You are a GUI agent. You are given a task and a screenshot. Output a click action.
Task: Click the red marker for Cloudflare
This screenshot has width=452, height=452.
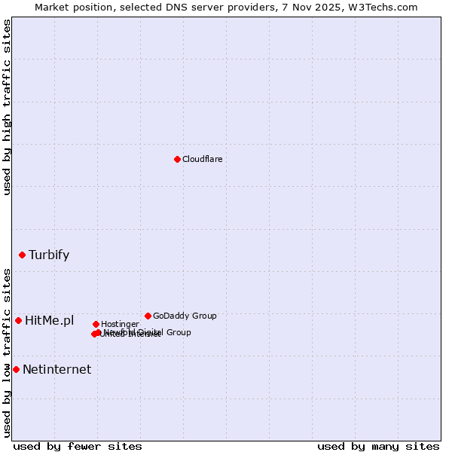coord(177,159)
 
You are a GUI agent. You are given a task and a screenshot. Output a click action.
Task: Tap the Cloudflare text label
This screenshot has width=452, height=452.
coord(203,159)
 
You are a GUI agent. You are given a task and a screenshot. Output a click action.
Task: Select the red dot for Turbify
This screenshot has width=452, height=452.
coord(23,255)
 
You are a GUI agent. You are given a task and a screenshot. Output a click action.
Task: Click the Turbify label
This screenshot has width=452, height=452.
coord(49,255)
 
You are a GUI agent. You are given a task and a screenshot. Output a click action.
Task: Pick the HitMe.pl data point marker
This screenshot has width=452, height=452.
coord(18,320)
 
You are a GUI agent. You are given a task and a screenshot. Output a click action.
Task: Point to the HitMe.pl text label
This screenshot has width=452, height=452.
coord(50,321)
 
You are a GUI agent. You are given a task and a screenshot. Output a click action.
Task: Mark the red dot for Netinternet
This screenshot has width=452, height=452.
coord(16,369)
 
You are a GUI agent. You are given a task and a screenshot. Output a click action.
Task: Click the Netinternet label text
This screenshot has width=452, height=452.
coord(56,369)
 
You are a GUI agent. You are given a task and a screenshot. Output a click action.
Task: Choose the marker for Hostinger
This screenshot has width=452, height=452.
coord(96,324)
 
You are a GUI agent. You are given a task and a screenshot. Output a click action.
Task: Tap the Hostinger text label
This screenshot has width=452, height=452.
coord(121,324)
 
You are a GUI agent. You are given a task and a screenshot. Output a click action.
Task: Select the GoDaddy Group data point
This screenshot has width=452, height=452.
coord(148,316)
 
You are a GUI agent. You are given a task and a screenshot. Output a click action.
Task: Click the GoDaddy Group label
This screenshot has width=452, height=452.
coord(185,316)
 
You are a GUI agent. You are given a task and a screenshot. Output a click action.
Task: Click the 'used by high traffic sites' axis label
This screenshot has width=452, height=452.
coord(8,107)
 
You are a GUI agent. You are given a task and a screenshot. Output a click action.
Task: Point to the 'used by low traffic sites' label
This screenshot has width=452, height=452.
coord(8,353)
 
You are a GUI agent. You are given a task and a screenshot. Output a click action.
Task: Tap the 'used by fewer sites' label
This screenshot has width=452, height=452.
coord(78,446)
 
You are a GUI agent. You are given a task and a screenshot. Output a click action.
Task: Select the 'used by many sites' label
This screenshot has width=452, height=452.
coord(378,446)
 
